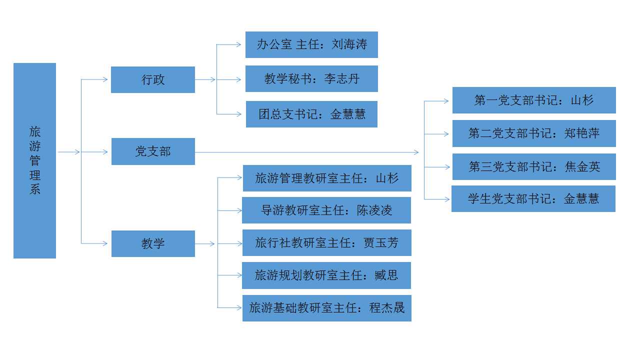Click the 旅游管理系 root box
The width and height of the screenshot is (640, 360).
point(34,160)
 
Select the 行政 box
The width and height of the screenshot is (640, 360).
point(153,79)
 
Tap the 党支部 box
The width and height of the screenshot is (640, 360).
point(153,151)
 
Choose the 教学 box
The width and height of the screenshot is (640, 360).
point(153,243)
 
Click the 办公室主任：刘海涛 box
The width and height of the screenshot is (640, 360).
point(311,44)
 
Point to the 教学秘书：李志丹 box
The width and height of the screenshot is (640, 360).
point(311,78)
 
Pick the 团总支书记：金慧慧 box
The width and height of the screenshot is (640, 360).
point(311,114)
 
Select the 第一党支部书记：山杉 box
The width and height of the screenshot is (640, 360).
point(534,100)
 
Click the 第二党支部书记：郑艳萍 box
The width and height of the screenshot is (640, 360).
point(534,133)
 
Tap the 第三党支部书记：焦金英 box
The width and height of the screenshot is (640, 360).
point(534,166)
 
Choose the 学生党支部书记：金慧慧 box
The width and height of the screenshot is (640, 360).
point(533,198)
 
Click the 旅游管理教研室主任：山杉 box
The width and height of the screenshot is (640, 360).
point(327,178)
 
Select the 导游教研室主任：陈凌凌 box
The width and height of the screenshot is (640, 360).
point(326,210)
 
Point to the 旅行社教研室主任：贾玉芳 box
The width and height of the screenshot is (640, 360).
point(327,242)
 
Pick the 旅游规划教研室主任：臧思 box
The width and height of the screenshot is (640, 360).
point(326,275)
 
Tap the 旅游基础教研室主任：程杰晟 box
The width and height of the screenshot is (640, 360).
point(327,308)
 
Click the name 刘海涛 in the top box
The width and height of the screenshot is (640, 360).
point(349,44)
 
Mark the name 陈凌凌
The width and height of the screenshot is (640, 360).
point(374,210)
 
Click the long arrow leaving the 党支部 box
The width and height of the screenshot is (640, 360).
point(307,152)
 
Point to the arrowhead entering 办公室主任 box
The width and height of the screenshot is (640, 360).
point(239,44)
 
